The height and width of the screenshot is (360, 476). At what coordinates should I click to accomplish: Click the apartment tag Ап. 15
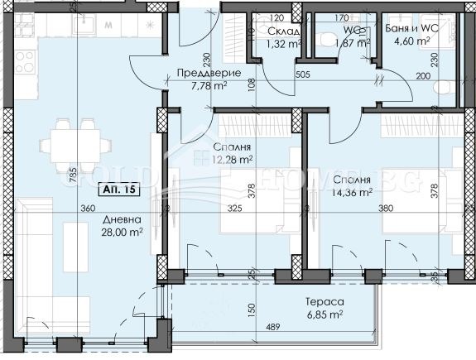[x=117, y=190]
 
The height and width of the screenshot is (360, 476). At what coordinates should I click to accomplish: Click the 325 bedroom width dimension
[x=235, y=209]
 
